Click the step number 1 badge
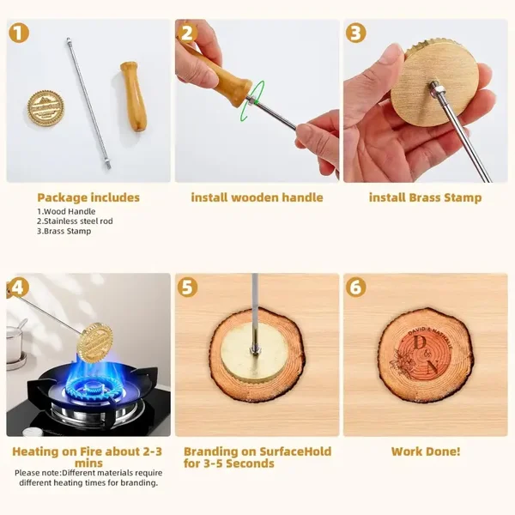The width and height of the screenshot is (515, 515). pyautogui.click(x=19, y=33)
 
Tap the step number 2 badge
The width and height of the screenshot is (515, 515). pyautogui.click(x=187, y=33)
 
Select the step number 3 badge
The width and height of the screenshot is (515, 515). pyautogui.click(x=355, y=33)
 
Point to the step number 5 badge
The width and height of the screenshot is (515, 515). pyautogui.click(x=187, y=287)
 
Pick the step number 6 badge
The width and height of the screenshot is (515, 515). pyautogui.click(x=355, y=287)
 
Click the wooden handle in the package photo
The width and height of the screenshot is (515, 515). pyautogui.click(x=134, y=96)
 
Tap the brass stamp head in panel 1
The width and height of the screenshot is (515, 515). pyautogui.click(x=45, y=108)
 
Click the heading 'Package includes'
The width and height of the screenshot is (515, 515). pyautogui.click(x=88, y=197)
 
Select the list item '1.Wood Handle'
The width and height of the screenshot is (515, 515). pyautogui.click(x=66, y=211)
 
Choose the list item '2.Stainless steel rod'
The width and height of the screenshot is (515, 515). pyautogui.click(x=75, y=221)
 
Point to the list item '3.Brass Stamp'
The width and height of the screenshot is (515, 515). pyautogui.click(x=64, y=231)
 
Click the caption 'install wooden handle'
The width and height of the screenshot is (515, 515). pyautogui.click(x=257, y=197)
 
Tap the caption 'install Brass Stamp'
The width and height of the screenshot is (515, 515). pyautogui.click(x=426, y=197)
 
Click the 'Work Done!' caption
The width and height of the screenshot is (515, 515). pyautogui.click(x=426, y=451)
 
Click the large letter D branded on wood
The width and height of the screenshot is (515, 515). pyautogui.click(x=420, y=342)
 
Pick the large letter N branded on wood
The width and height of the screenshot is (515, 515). pyautogui.click(x=432, y=367)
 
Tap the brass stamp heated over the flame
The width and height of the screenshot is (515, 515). pyautogui.click(x=94, y=342)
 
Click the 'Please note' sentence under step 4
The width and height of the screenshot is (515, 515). pyautogui.click(x=88, y=478)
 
